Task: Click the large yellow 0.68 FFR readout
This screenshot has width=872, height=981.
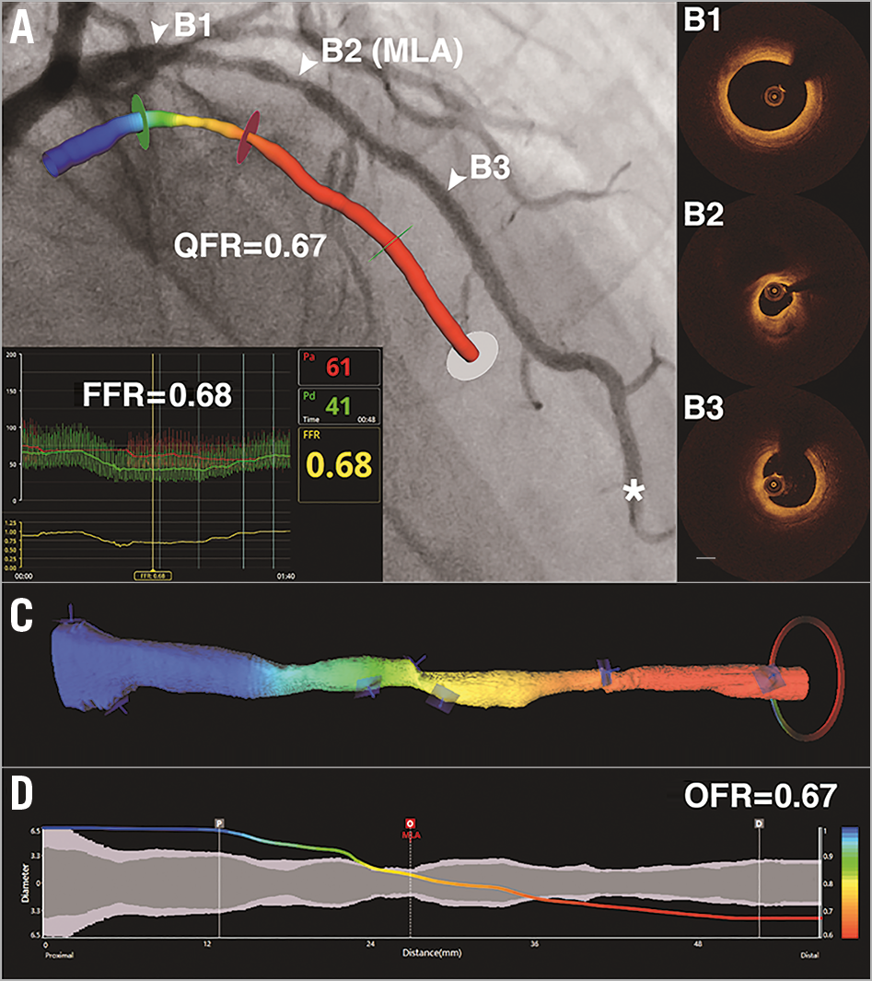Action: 338,464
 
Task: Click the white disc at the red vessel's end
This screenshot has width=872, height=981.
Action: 475,356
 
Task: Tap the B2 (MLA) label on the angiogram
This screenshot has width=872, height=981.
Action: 391,53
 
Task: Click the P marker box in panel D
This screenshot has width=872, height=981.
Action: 219,823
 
